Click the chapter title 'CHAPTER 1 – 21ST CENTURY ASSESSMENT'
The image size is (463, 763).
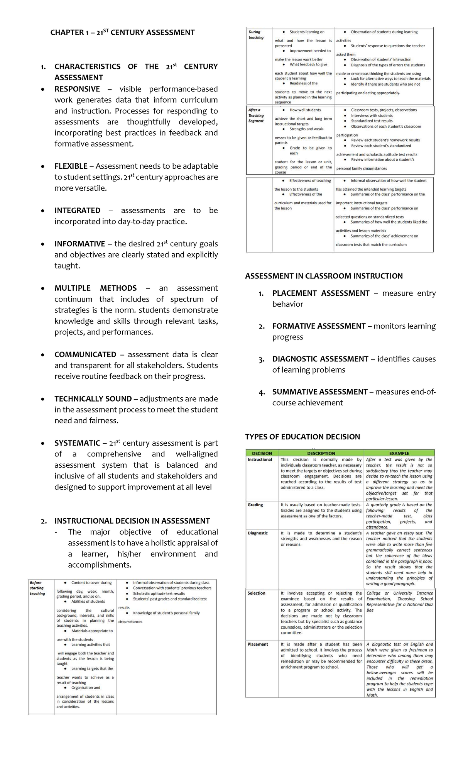(122, 32)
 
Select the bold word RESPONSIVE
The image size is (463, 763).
(77, 89)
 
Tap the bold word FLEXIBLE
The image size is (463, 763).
(71, 166)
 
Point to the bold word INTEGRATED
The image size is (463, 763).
(77, 211)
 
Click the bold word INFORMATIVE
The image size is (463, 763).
(79, 244)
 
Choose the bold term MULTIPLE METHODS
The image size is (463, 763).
(95, 288)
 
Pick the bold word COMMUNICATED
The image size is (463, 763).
(85, 355)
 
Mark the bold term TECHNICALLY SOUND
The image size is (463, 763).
(93, 399)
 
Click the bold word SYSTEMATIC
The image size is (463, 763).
(77, 443)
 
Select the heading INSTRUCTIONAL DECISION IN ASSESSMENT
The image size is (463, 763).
(132, 521)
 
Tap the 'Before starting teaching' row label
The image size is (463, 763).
(37, 588)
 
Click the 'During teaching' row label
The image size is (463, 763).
(256, 35)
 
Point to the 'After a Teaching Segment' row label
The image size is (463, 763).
(256, 115)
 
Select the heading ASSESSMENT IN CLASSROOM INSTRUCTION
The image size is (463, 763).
(324, 276)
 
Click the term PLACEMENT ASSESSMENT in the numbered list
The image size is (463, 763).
(321, 293)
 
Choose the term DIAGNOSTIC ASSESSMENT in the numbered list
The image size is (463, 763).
(320, 359)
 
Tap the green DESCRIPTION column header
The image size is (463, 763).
(321, 453)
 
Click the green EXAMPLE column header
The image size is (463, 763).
(399, 453)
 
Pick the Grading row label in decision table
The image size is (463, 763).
(255, 505)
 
